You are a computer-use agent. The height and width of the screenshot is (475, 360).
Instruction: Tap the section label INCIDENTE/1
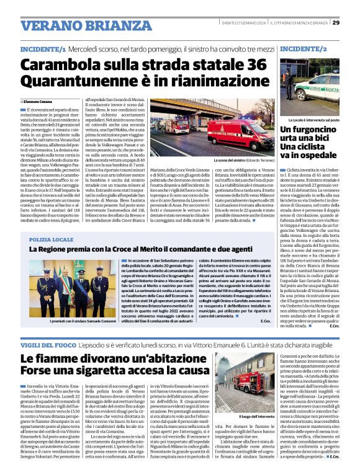click(43, 48)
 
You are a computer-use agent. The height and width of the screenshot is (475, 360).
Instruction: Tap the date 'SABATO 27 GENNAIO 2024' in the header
click(245, 23)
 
